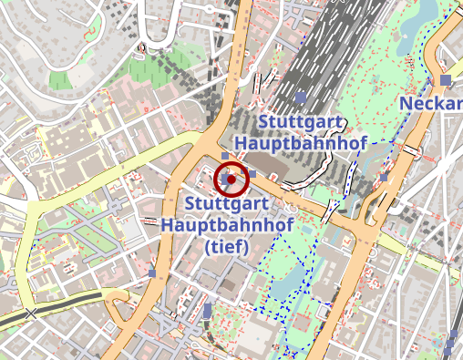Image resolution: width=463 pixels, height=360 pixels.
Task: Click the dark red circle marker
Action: [231, 180]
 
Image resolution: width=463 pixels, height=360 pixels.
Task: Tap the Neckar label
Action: [430, 104]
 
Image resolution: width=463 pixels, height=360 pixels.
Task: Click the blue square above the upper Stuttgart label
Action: [301, 98]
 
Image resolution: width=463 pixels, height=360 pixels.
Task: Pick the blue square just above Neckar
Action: [445, 80]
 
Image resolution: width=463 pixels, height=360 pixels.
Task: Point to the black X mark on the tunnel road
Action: [33, 314]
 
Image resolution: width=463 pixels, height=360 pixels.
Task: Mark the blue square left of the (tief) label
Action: [151, 273]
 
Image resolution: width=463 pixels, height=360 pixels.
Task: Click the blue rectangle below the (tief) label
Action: [208, 311]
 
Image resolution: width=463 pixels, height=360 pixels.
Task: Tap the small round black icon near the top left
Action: [141, 46]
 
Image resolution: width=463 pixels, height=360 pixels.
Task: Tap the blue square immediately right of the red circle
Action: [252, 174]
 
